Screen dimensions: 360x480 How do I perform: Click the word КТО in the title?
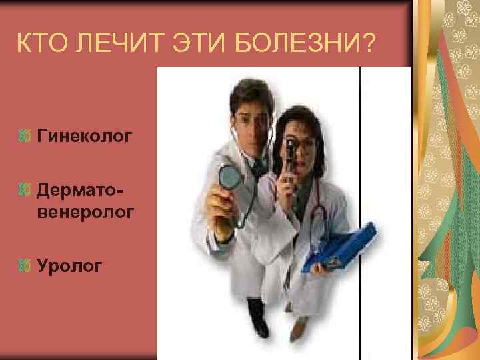pyautogui.click(x=45, y=46)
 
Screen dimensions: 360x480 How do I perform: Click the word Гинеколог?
pyautogui.click(x=85, y=137)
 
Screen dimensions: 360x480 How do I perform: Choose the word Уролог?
pyautogui.click(x=70, y=267)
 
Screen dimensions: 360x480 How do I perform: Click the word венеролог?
pyautogui.click(x=87, y=213)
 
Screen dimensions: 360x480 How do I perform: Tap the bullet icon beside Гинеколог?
pyautogui.click(x=25, y=137)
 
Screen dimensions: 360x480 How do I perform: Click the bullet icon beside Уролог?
pyautogui.click(x=25, y=267)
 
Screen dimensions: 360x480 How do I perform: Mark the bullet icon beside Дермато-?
pyautogui.click(x=25, y=191)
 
